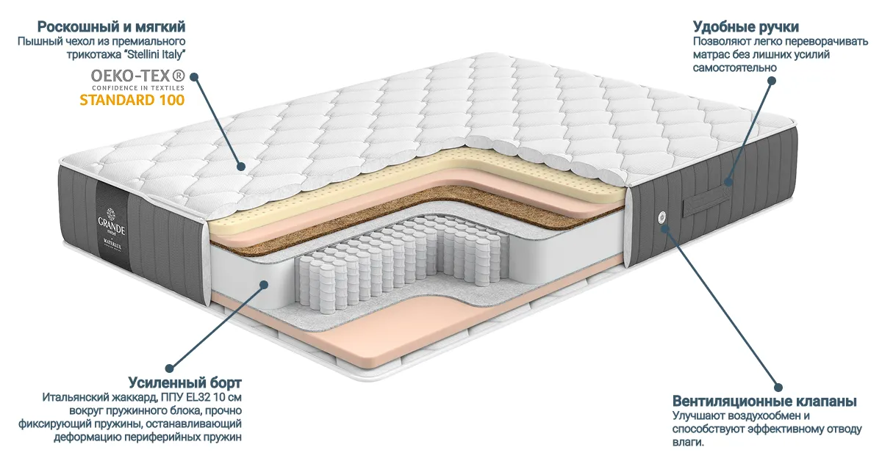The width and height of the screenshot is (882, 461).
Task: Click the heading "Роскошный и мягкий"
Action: coord(111,26)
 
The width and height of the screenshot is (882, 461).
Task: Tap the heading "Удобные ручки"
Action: coord(746,26)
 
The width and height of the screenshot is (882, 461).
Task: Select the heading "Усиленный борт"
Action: coord(184,382)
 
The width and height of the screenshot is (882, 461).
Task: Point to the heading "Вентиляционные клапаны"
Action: coord(764,402)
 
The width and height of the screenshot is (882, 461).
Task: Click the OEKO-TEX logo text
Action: coord(138,75)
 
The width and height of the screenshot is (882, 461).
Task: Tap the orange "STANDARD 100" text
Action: coord(132,100)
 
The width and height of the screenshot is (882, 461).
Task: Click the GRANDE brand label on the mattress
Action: coord(112,226)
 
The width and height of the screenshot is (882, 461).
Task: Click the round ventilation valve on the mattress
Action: coord(662,216)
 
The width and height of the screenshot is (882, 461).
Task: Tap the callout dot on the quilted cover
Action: coord(241,167)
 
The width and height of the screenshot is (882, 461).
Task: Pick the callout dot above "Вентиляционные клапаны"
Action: coord(778,387)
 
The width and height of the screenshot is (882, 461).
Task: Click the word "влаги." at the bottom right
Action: coord(688,442)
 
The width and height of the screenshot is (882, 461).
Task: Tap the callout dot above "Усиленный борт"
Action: coord(169,369)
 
